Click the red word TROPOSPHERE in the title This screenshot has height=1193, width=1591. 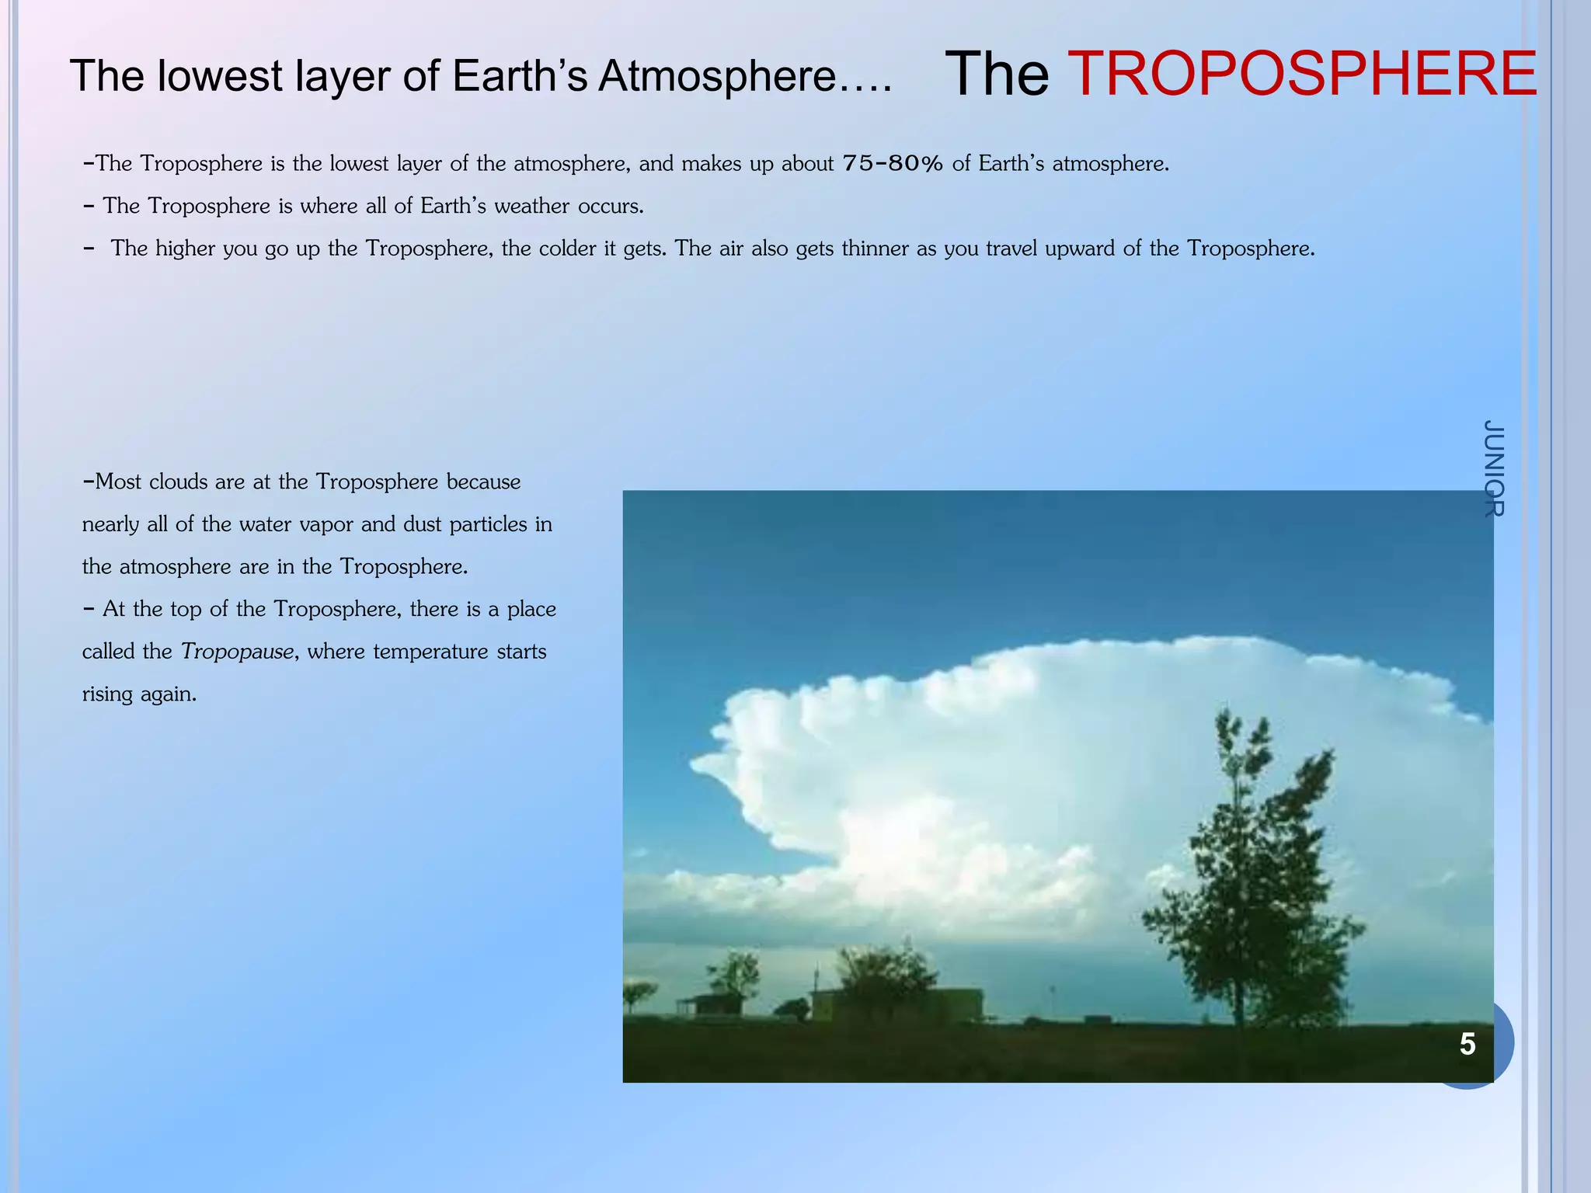pyautogui.click(x=1302, y=74)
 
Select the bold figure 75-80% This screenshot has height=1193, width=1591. pyautogui.click(x=893, y=164)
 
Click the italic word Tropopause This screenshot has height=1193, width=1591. pyautogui.click(x=238, y=652)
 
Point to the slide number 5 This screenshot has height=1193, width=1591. pyautogui.click(x=1467, y=1044)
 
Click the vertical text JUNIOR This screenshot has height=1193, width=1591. pyautogui.click(x=1493, y=468)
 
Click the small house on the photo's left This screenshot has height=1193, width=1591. pyautogui.click(x=711, y=1004)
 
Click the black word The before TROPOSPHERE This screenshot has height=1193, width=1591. pyautogui.click(x=997, y=74)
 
